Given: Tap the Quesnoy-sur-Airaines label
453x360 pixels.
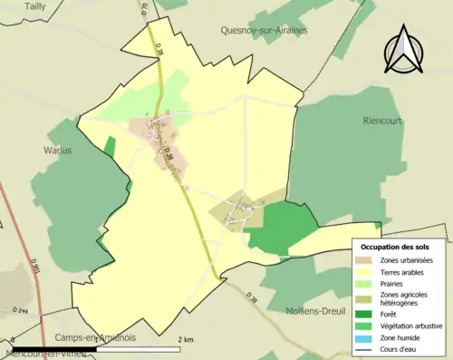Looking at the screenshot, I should coord(264,30).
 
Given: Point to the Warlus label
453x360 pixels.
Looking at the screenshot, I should coord(57,151).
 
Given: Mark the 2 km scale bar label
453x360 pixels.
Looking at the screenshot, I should coord(186,339).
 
